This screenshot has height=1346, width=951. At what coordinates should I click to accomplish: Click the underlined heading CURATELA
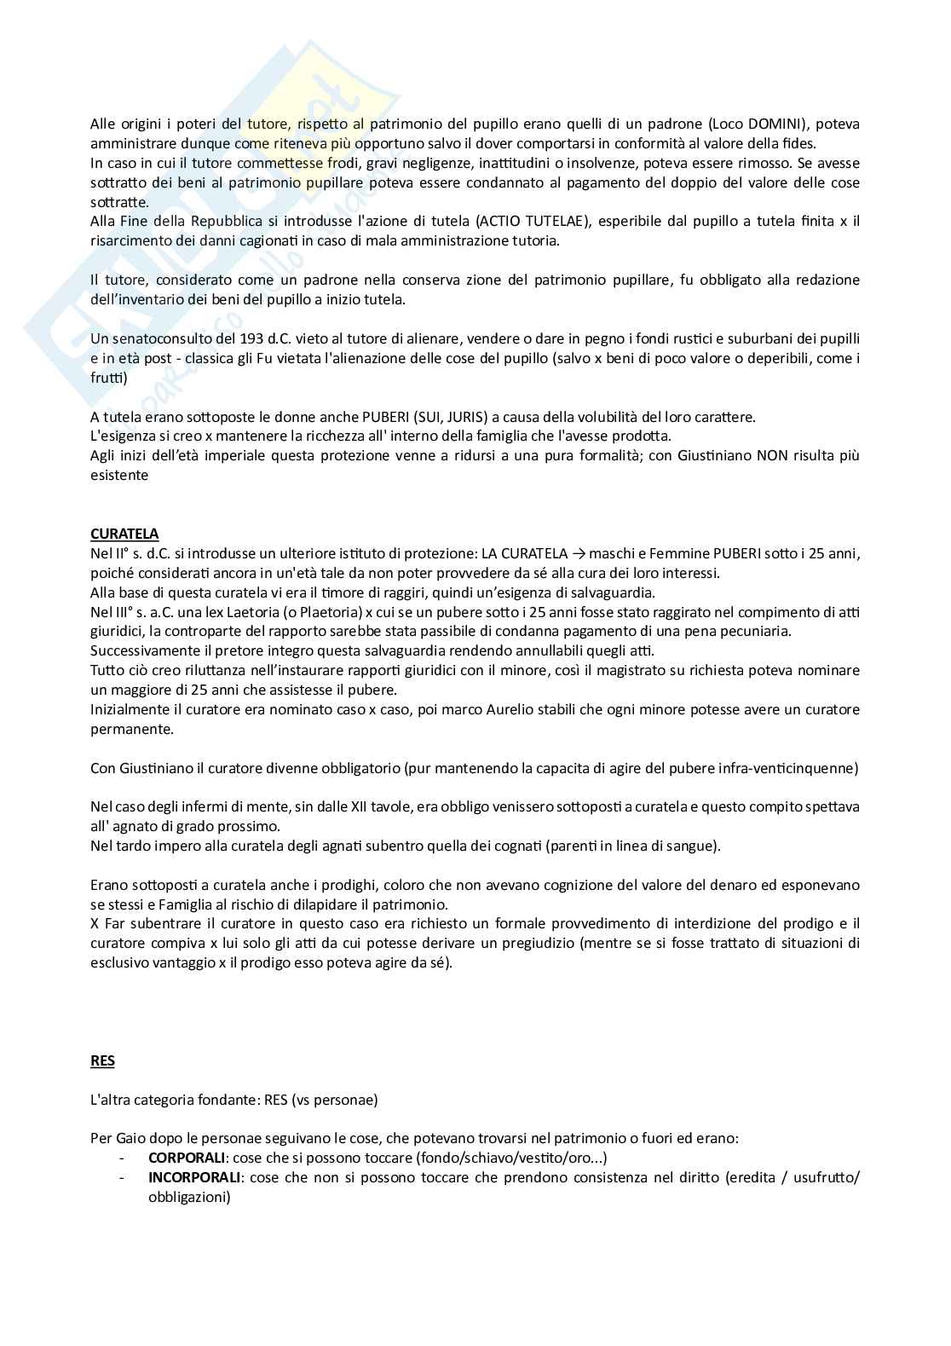click(x=124, y=534)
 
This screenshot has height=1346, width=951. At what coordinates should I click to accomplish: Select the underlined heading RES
click(x=102, y=1060)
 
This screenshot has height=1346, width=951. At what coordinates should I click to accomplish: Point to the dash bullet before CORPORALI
click(x=123, y=1158)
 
